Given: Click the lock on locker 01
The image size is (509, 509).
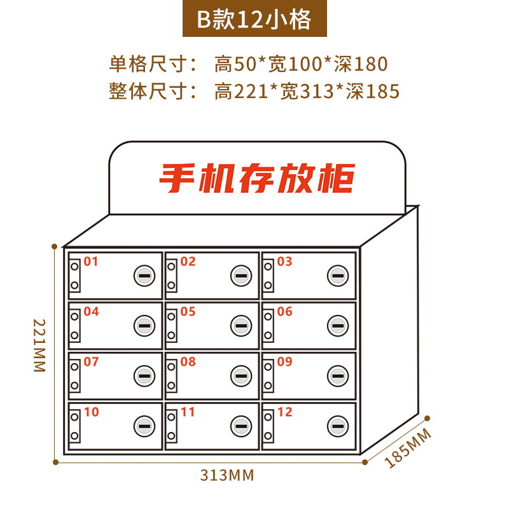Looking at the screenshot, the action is (144, 275).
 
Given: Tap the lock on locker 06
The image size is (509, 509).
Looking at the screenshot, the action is (337, 326).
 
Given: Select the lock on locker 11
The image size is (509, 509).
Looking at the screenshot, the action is (241, 426).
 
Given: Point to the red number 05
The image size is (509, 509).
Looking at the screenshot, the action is (188, 312).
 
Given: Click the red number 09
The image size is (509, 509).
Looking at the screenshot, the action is (284, 362).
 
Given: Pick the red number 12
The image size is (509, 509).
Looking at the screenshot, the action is (284, 412).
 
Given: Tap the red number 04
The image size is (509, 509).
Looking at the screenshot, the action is (91, 312).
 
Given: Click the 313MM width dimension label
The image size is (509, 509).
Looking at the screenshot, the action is (227, 475).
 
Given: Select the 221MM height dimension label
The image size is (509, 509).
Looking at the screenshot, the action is (39, 346).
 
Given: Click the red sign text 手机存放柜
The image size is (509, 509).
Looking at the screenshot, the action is (256, 179).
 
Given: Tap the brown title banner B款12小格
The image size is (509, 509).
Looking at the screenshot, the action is (254, 20).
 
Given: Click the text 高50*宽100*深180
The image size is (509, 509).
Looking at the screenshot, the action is (301, 64).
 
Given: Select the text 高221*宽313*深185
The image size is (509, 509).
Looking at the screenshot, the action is (307, 92).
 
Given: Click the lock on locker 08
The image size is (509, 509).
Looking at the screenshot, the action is (241, 376).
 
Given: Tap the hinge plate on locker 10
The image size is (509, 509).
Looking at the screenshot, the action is (74, 426).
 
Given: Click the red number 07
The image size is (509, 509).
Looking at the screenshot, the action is (91, 362).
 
